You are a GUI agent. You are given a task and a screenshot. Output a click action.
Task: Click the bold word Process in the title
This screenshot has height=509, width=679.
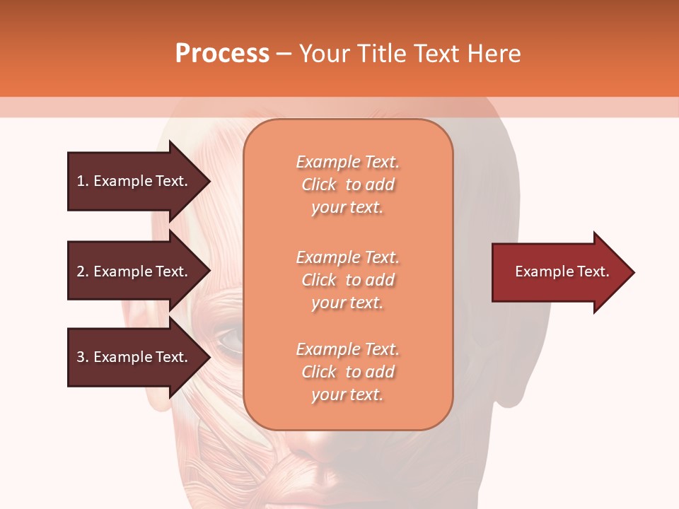click(x=222, y=54)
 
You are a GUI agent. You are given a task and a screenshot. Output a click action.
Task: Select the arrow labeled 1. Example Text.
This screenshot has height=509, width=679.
click(x=134, y=181)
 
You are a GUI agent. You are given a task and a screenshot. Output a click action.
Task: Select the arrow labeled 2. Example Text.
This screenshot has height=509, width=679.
click(x=134, y=271)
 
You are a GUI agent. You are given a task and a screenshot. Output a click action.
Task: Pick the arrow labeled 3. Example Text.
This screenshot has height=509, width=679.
click(x=134, y=357)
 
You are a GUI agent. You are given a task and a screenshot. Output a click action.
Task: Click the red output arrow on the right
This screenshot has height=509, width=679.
click(x=559, y=271)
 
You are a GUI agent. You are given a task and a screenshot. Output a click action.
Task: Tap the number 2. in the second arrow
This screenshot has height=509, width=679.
click(x=83, y=271)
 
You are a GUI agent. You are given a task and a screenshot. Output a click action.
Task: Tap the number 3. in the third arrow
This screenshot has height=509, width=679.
click(x=83, y=357)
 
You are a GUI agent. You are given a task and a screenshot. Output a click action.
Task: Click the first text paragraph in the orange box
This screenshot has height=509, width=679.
click(x=347, y=185)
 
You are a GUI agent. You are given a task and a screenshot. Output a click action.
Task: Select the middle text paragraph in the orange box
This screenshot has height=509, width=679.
click(x=347, y=280)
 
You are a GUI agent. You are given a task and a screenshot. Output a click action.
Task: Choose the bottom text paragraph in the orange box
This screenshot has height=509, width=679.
click(x=347, y=372)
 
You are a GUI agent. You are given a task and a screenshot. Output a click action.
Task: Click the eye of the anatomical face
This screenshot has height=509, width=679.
click(x=229, y=341)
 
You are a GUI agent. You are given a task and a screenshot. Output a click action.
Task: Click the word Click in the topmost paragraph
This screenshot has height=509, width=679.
click(x=319, y=185)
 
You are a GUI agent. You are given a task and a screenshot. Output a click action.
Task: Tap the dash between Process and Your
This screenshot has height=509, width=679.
click(x=284, y=54)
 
